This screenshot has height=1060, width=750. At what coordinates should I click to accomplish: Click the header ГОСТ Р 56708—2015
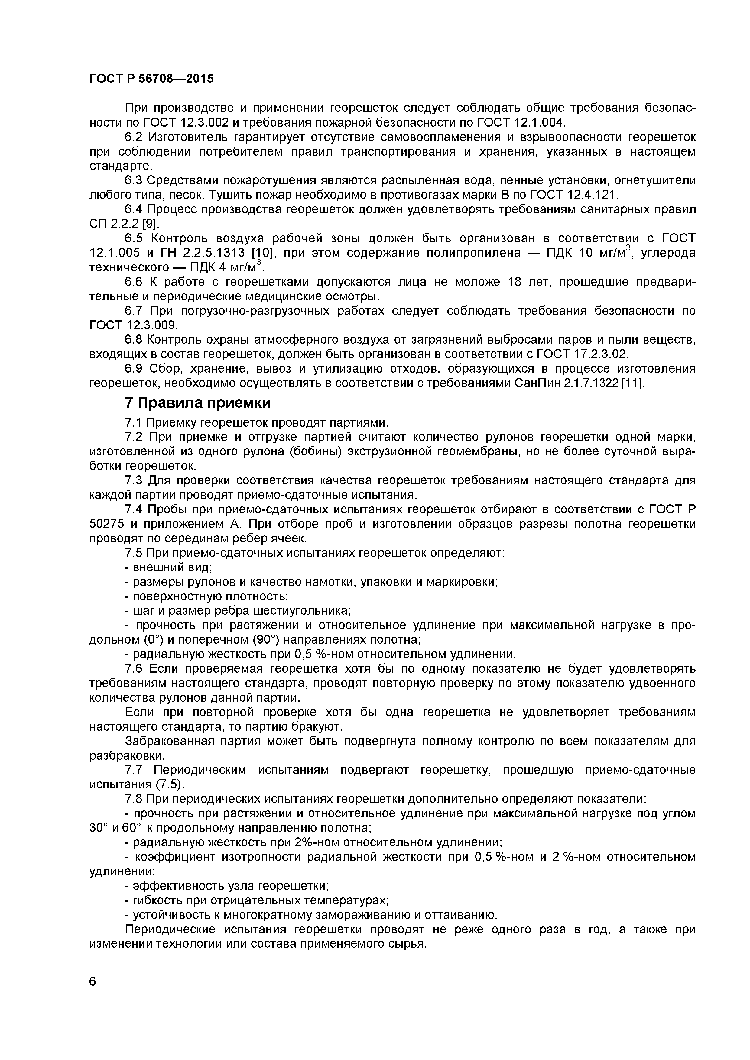pyautogui.click(x=151, y=79)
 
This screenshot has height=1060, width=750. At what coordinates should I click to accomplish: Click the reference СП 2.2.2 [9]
pyautogui.click(x=124, y=224)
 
